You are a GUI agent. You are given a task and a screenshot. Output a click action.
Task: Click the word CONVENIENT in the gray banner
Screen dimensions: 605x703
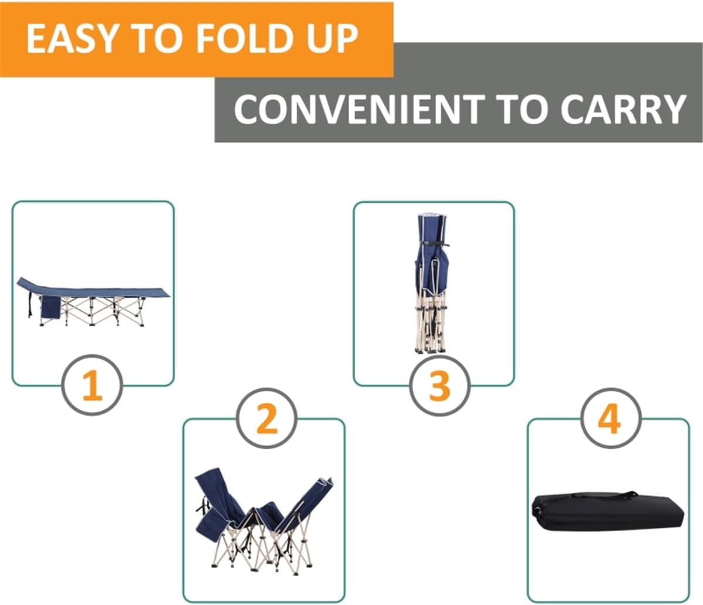(359, 109)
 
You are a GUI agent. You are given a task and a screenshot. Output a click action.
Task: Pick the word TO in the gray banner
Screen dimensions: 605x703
(523, 109)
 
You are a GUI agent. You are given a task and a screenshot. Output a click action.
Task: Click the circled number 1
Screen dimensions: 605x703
(92, 385)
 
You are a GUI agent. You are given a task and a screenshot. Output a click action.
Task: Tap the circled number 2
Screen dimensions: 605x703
(267, 419)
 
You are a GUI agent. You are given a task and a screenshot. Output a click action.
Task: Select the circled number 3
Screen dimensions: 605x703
(439, 385)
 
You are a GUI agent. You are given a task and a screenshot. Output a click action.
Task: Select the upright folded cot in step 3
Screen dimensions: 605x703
(432, 284)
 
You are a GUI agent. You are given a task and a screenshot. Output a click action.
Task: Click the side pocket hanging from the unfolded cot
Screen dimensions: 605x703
(50, 307)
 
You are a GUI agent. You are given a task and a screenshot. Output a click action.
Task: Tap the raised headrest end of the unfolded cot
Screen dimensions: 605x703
(29, 285)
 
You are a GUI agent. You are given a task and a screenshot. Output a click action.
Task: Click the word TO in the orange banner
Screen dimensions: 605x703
(159, 39)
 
